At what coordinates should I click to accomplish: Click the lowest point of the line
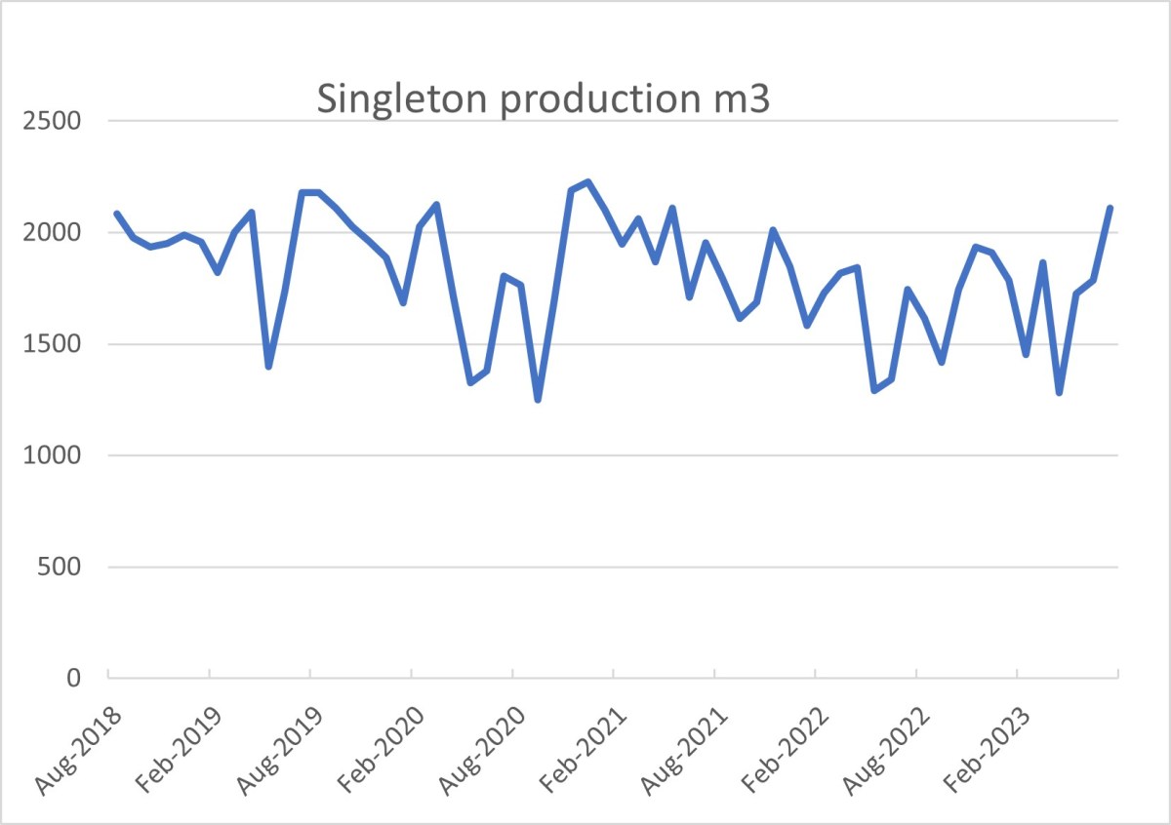pyautogui.click(x=538, y=400)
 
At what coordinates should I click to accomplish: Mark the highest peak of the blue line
pyautogui.click(x=588, y=182)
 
